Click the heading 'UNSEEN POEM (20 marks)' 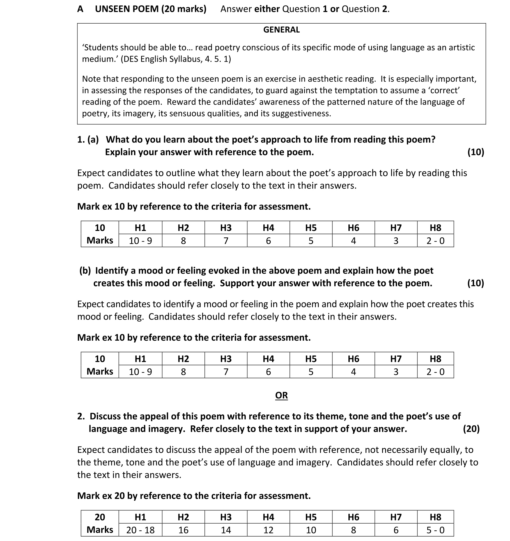[x=151, y=9]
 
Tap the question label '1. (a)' [x=88, y=139]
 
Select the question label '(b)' [x=85, y=270]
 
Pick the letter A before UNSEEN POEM [x=80, y=9]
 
